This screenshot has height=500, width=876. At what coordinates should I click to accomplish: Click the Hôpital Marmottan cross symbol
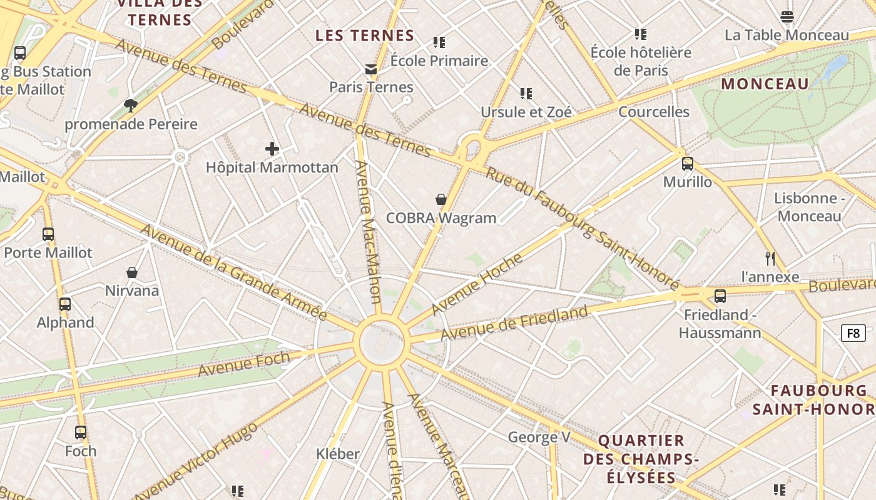272,149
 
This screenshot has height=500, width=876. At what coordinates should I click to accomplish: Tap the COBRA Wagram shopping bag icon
441,199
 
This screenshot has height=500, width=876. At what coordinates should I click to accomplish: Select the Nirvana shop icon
132,272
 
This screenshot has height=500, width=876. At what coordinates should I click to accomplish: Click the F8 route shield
853,333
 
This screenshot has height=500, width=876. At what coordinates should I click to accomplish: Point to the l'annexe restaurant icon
770,258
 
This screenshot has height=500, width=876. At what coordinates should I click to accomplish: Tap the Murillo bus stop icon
688,164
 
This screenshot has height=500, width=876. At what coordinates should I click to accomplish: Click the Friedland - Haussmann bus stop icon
720,296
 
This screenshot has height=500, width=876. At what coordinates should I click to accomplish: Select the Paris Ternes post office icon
372,69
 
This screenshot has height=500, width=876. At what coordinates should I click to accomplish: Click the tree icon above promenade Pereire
131,105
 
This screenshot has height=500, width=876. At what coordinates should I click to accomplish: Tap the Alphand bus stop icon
65,304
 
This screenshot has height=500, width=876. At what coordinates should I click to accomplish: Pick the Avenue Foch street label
244,364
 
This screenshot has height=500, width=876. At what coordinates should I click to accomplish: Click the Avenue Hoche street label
477,284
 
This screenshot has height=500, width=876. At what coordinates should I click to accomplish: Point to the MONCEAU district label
765,84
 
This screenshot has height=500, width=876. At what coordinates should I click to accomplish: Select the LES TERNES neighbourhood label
365,36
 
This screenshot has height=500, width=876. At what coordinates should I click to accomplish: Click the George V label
539,437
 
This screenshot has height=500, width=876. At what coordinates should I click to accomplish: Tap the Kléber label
338,454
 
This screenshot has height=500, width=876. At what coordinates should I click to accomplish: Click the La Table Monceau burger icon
787,17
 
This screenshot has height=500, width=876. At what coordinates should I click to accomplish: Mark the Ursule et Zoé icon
526,94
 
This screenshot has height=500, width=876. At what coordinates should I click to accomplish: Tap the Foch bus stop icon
81,432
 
